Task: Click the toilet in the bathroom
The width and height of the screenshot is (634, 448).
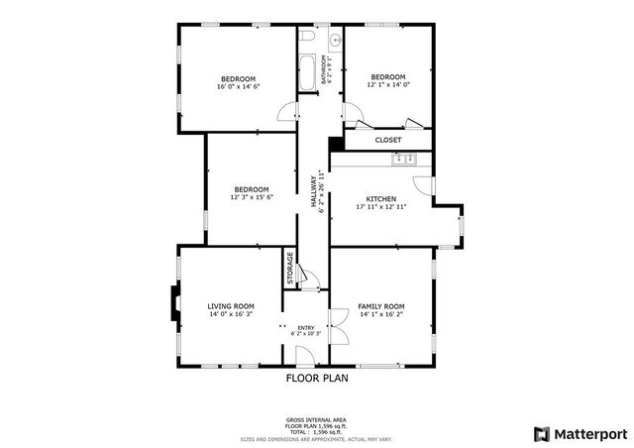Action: point(307,37)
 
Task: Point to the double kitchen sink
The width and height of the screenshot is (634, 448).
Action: point(406,158)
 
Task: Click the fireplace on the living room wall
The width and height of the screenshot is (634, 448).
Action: point(173,305)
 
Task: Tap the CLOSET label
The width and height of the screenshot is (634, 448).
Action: point(387,141)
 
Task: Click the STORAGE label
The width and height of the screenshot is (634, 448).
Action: point(290,269)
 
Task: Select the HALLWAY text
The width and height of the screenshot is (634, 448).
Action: point(314,189)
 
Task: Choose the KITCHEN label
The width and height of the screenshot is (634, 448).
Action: point(381,198)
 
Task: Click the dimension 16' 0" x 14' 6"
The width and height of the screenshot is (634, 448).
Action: point(238,87)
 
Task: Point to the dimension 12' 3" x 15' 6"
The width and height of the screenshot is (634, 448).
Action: point(252,197)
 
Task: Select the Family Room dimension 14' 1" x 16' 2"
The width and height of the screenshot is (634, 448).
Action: point(381,314)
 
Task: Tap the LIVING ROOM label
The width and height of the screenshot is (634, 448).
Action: point(231,306)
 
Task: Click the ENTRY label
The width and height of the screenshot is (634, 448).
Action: point(305,327)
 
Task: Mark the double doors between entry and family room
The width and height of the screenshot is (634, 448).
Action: point(335,327)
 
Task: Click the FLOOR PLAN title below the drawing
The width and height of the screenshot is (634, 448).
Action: point(317,378)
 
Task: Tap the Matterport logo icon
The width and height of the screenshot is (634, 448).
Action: point(540,433)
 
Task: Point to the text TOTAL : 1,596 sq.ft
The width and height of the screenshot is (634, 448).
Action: point(316,431)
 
